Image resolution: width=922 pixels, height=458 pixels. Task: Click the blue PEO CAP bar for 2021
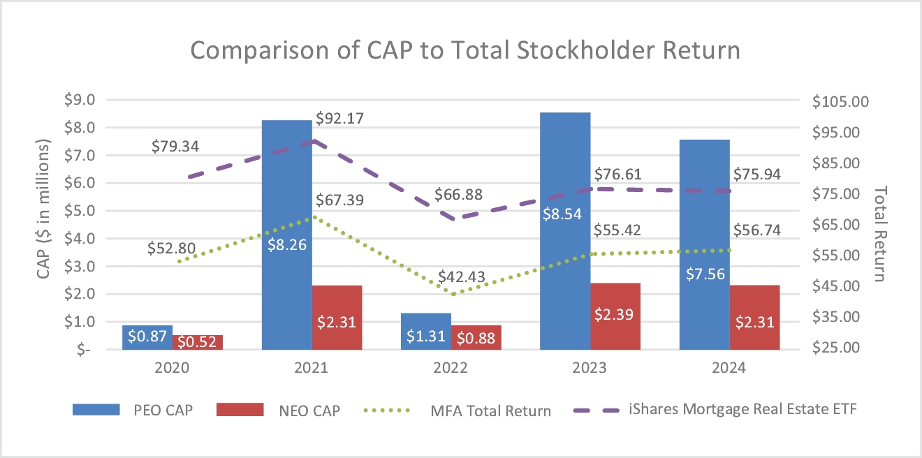coord(286,209)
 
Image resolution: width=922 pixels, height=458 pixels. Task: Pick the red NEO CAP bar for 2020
coord(198,342)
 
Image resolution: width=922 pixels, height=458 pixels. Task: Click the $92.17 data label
coord(340,119)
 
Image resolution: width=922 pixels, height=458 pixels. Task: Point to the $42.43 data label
coord(462,278)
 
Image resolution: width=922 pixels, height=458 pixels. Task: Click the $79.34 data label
coord(175,147)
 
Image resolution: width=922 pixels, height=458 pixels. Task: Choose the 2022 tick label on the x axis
coord(451,368)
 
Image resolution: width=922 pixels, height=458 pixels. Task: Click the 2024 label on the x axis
coord(729,368)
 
